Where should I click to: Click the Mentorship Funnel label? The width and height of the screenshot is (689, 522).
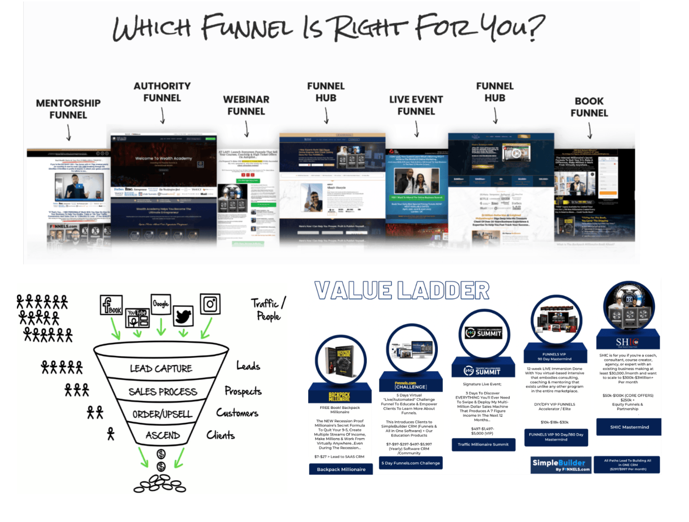coord(68,109)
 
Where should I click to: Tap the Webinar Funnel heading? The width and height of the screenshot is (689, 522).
coord(246,105)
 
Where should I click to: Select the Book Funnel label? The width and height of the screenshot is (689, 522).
coord(589,107)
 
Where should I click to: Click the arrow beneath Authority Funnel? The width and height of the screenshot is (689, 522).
coord(162,116)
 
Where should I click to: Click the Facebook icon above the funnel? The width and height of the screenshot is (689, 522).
coord(111,304)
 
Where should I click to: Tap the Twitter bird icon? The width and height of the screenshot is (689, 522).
coord(183,316)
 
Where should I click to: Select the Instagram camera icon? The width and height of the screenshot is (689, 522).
coord(210,304)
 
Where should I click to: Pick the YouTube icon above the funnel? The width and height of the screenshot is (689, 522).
coord(138,318)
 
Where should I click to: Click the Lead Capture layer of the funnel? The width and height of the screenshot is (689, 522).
coord(161,369)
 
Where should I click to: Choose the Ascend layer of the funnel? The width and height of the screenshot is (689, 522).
coord(163,436)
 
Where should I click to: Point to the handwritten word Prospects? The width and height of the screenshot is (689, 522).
coord(243,391)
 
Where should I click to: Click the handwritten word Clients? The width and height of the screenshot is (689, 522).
coord(220,435)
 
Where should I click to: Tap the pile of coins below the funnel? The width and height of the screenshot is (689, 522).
coord(160,484)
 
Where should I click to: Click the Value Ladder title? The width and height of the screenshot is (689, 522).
coord(402,291)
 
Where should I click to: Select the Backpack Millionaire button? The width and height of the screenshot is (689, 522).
coord(341,469)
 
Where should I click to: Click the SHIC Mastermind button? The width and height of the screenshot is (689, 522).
coord(629,427)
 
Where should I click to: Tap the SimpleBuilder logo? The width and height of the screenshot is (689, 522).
coord(561,464)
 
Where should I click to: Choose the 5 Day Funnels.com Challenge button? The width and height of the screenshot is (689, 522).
coord(411,463)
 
